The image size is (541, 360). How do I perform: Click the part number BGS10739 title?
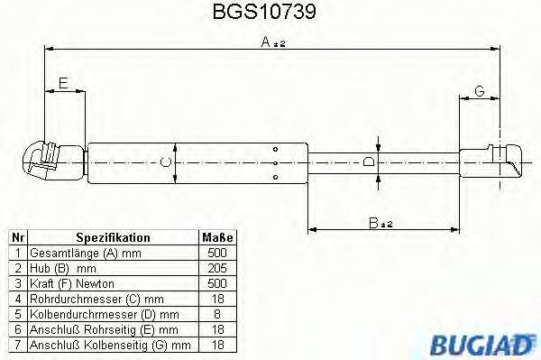point(270,14)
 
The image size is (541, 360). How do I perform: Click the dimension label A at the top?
point(268,42)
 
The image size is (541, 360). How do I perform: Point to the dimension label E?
point(61,84)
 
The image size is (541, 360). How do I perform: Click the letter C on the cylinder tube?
point(163,162)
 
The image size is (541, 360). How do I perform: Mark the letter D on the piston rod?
point(368,162)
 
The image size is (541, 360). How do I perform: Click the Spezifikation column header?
point(113,237)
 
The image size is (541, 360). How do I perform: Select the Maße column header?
point(216,237)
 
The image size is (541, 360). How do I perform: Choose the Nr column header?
point(18,237)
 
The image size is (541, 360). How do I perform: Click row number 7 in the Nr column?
point(18,344)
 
